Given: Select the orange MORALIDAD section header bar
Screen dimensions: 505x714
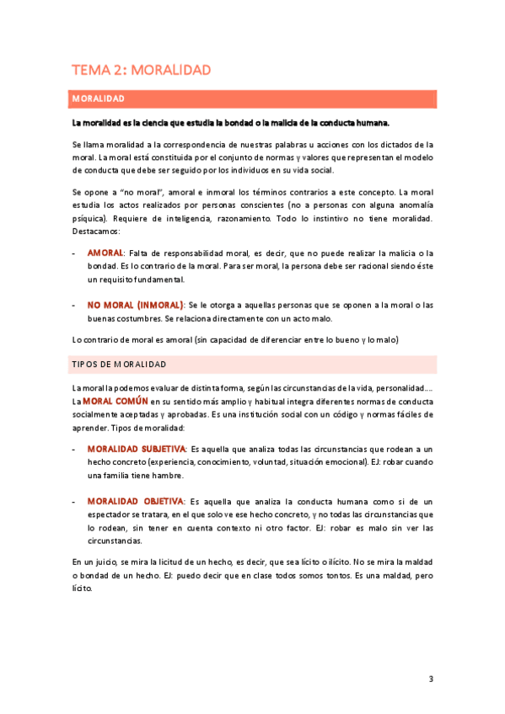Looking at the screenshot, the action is [x=253, y=99].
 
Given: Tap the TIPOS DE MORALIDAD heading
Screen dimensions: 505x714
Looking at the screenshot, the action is [x=118, y=365].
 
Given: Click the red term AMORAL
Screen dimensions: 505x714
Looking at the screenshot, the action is [x=105, y=253].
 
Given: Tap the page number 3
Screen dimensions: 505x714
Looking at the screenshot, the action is [x=431, y=679].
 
